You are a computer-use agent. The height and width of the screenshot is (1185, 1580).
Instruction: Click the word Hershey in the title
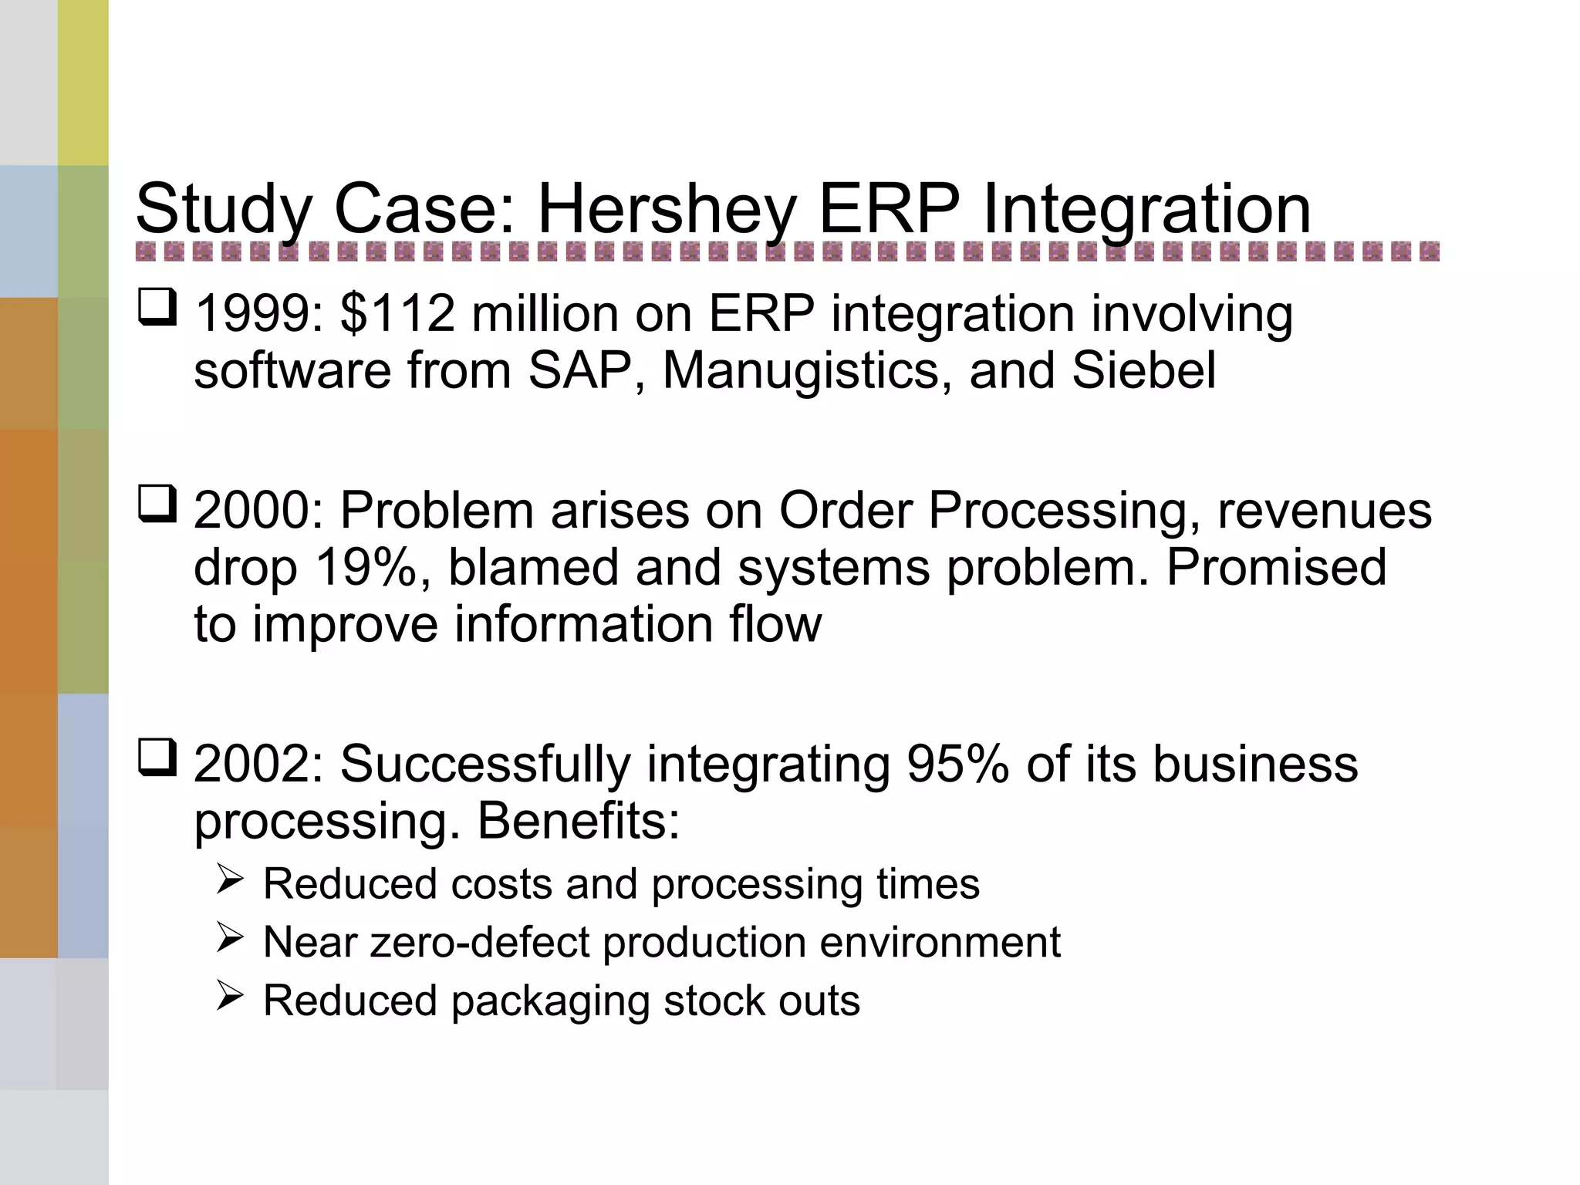666,210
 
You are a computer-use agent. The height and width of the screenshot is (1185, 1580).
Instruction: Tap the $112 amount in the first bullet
397,314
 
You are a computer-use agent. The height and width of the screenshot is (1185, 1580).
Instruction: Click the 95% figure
957,765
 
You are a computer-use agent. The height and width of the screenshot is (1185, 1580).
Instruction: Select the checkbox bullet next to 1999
157,308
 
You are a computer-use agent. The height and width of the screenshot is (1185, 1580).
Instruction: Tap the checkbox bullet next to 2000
157,505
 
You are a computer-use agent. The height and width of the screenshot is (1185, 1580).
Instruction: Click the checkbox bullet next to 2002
157,758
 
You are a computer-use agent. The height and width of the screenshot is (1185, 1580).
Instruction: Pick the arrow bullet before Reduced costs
230,879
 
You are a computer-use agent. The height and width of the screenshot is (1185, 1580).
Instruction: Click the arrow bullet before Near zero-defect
230,938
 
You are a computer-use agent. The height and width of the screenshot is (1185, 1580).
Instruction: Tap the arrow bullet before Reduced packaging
230,996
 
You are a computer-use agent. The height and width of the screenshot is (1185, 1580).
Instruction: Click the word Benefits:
579,821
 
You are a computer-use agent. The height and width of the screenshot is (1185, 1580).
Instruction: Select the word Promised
1276,568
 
